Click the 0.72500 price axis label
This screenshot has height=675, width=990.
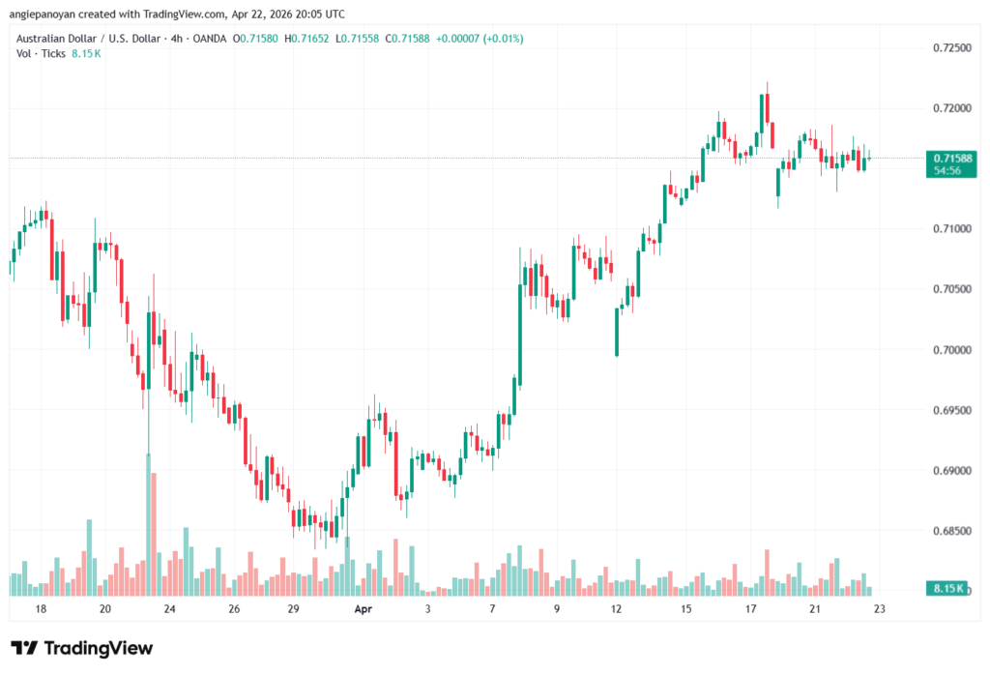[x=951, y=47]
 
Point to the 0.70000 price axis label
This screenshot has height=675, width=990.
[x=951, y=350]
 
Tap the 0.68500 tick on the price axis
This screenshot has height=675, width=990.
[x=951, y=531]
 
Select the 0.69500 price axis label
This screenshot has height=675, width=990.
[x=951, y=410]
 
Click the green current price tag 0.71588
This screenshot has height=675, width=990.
[x=947, y=158]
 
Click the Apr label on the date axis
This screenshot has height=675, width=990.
[x=363, y=609]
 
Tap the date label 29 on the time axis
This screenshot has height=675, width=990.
[x=295, y=609]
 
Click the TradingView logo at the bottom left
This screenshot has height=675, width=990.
[x=81, y=648]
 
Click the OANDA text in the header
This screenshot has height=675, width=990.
[x=211, y=38]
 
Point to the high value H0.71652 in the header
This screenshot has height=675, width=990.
[x=300, y=38]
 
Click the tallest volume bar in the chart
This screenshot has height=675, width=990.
[x=148, y=522]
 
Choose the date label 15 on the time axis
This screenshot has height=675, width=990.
[x=685, y=609]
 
